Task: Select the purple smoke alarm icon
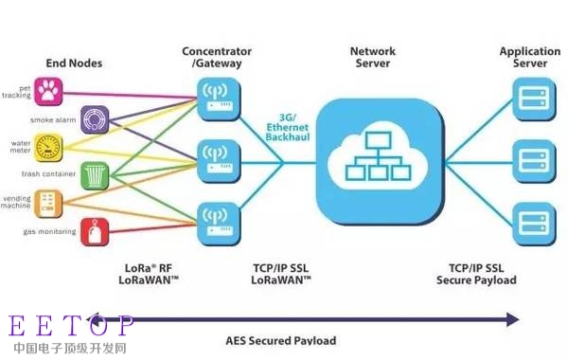tap(94, 118)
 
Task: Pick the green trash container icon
tap(96, 174)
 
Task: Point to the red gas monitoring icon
tap(96, 229)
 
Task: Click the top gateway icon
tap(215, 94)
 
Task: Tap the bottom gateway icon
tap(215, 220)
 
